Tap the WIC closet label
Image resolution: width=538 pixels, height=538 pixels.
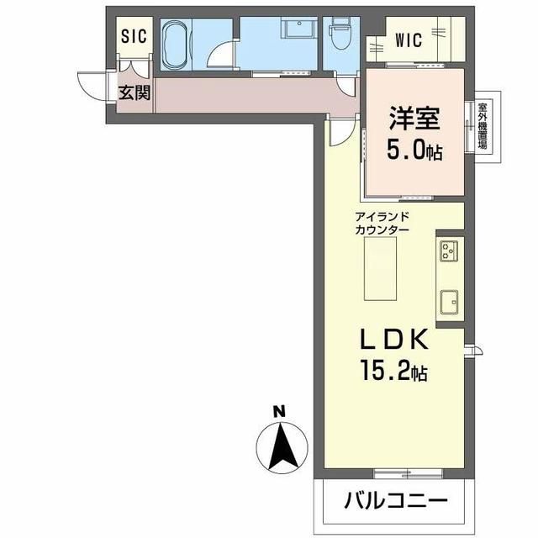point(414,39)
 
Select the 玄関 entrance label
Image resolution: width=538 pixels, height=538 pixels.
point(134,92)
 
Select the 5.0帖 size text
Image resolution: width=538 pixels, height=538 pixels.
point(414,150)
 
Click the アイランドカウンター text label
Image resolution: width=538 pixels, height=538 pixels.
point(382,223)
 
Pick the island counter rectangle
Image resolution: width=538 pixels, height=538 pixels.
point(381,268)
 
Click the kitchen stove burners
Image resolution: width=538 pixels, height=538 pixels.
point(448,249)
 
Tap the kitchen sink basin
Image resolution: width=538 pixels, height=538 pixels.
point(448,301)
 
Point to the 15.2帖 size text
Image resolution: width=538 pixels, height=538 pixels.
point(395,371)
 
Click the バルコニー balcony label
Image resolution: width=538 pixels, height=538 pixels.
point(394,502)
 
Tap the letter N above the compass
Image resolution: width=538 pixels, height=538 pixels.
point(279,411)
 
